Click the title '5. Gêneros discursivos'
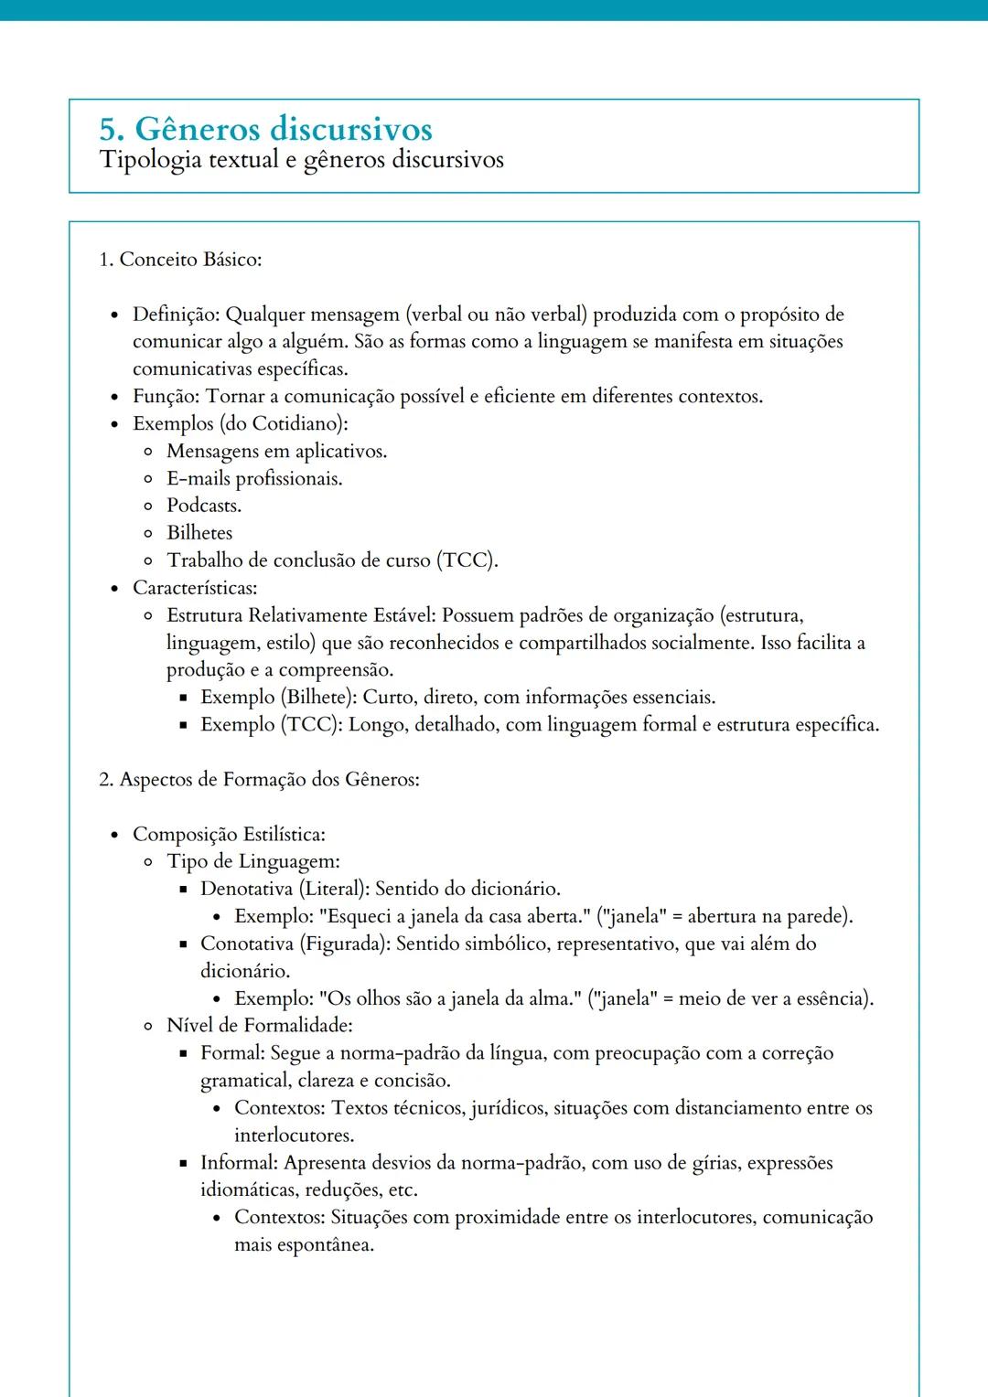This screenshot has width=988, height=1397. point(265,129)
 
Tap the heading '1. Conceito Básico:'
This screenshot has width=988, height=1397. point(180,260)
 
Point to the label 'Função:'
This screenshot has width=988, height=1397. point(166,397)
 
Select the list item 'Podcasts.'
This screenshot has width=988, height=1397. point(204,506)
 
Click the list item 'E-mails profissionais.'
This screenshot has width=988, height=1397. point(254,479)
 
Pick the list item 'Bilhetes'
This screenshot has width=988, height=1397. point(199,533)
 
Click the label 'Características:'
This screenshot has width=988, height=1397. point(195,588)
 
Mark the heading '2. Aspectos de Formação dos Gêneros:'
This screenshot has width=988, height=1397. point(259,780)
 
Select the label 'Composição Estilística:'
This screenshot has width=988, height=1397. point(229,835)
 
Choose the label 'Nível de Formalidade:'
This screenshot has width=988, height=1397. point(260,1026)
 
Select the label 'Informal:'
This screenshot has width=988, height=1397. point(239,1163)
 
